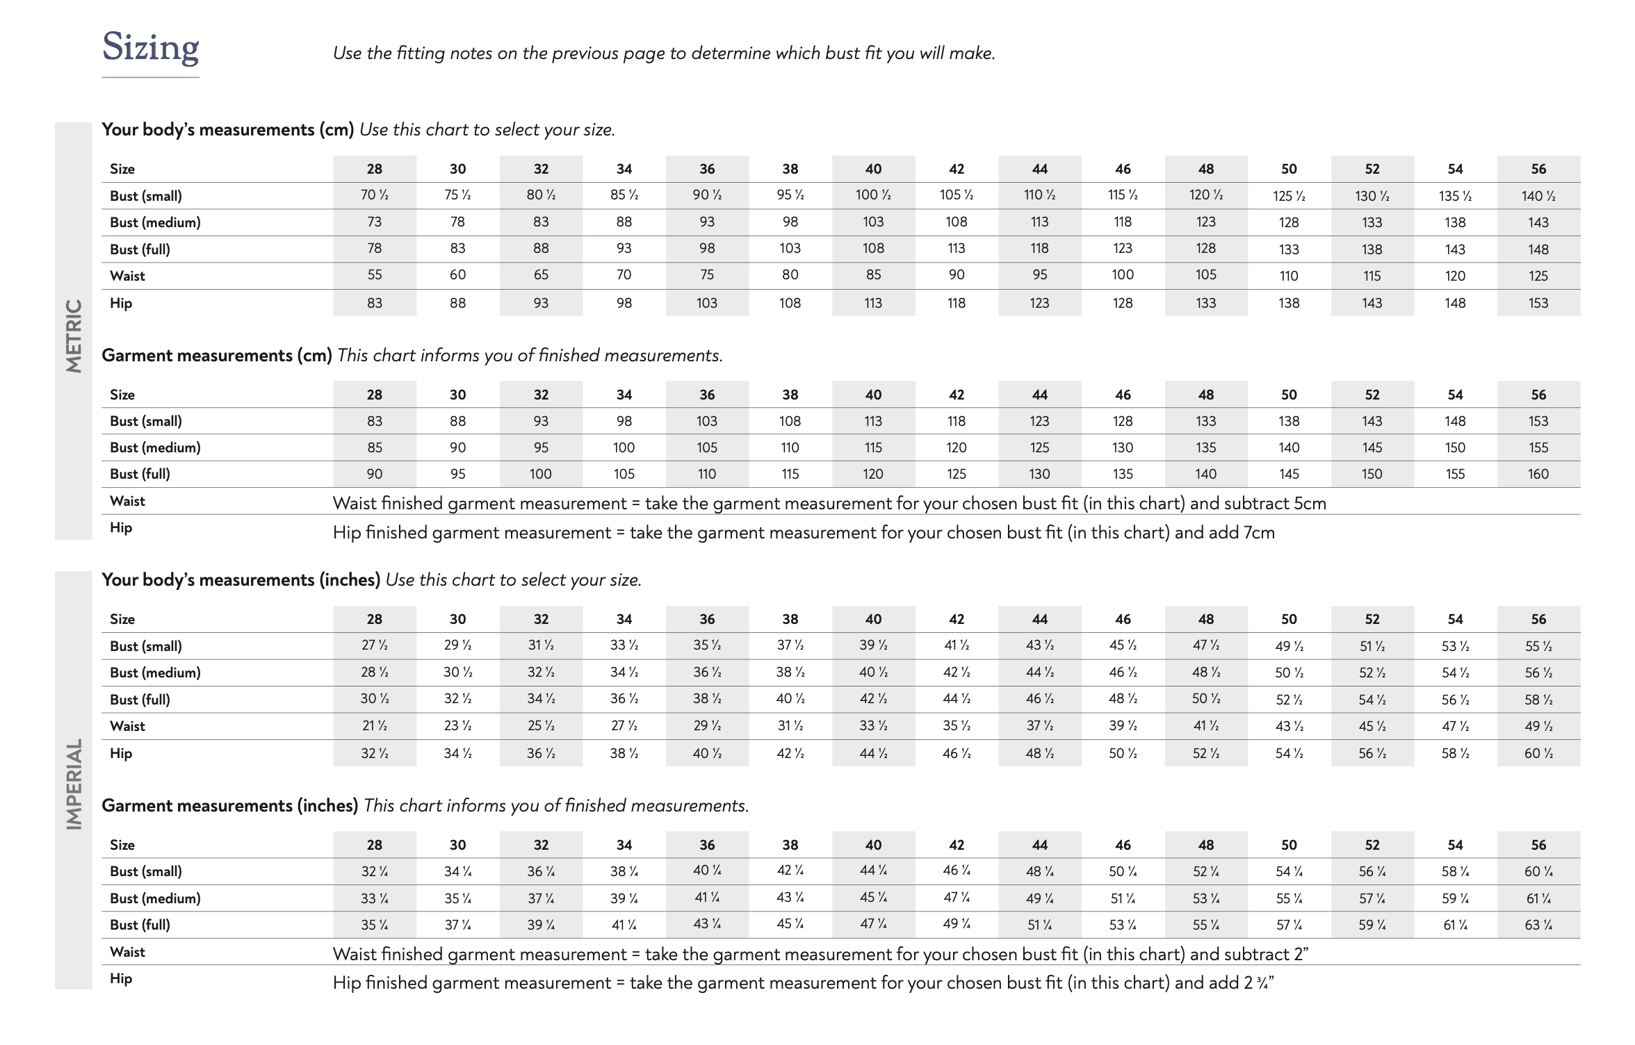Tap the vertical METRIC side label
coord(74,336)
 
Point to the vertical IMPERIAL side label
coord(74,784)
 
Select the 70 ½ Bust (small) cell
coord(374,196)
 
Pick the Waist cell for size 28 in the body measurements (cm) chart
coord(374,275)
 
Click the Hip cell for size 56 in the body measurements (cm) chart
coord(1538,304)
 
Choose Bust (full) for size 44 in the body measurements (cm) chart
coord(1039,249)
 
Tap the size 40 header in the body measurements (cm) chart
coord(873,169)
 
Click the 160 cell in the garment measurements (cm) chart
coord(1538,475)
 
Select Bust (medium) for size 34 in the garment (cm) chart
coord(624,448)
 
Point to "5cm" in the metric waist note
coord(1310,504)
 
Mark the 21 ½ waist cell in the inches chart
coord(374,727)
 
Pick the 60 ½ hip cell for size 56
coord(1538,754)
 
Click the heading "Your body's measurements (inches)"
coord(241,580)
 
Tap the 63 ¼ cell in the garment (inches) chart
coord(1538,925)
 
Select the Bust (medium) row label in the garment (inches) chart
coord(155,898)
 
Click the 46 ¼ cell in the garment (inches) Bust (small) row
coord(957,871)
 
